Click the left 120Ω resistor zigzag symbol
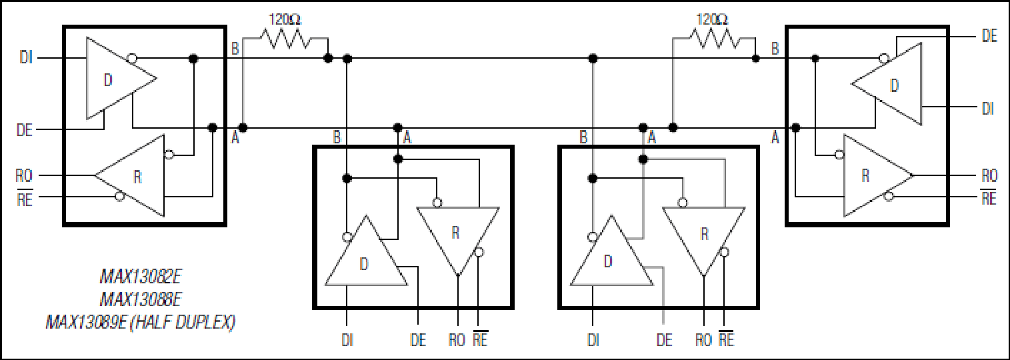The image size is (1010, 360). point(285,39)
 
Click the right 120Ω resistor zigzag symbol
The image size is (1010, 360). point(714,39)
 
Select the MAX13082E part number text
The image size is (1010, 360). point(141,276)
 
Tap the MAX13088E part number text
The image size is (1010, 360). point(141,299)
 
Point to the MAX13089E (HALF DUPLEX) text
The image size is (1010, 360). point(141,322)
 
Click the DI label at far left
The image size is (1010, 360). point(26,58)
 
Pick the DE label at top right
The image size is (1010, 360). point(989,36)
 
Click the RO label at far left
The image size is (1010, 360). point(25,175)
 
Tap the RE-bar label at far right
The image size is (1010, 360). point(989,197)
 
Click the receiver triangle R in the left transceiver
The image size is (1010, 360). point(130,175)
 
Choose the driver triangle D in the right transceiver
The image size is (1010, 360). point(887,84)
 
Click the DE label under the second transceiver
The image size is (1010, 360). point(418,340)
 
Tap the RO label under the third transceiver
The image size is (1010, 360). point(703,340)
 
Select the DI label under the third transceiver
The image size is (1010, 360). point(593,340)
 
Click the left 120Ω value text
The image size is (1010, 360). point(285,20)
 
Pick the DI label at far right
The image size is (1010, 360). point(987,108)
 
